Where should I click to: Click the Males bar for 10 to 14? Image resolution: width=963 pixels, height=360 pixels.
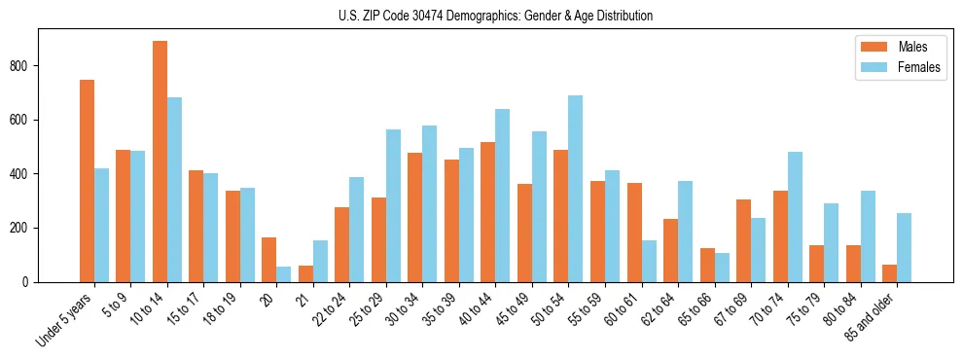[160, 162]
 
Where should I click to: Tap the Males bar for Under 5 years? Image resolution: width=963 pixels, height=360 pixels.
[87, 181]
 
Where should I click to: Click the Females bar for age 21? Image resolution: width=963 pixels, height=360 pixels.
[320, 262]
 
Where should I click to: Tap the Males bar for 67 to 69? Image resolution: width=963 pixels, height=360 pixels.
[743, 240]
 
